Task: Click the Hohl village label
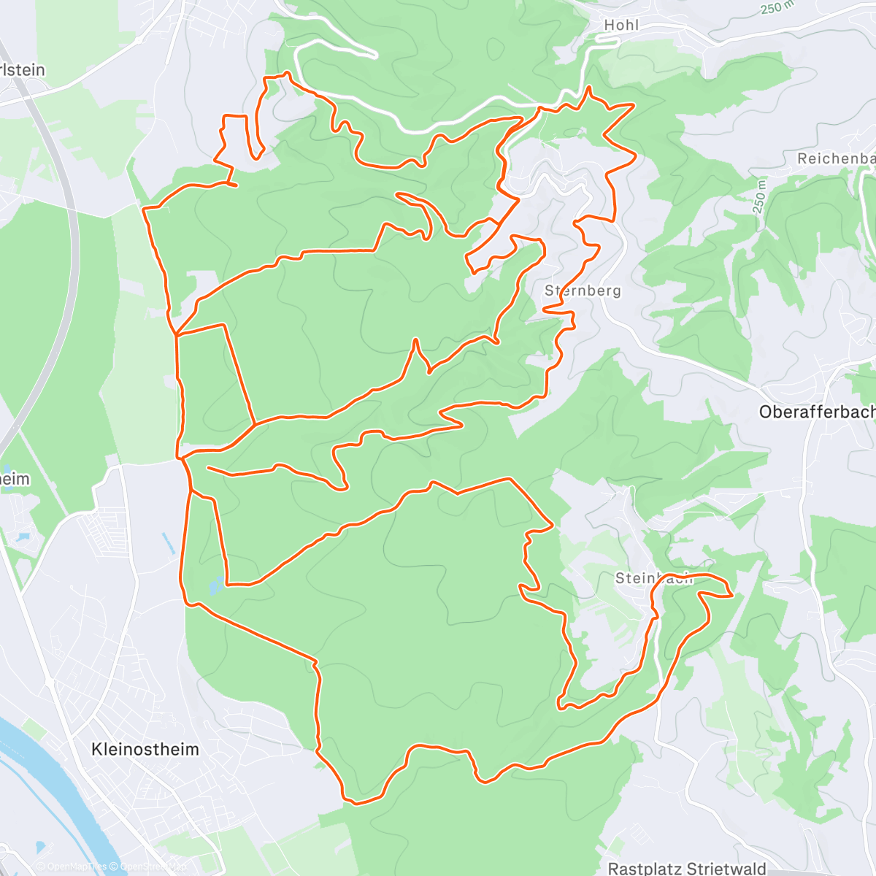tap(621, 25)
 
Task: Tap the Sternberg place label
tap(583, 291)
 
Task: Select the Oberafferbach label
tap(816, 412)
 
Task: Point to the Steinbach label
tap(653, 578)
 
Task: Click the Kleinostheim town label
tap(145, 749)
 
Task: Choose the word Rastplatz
tap(643, 868)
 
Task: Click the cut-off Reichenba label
tap(836, 158)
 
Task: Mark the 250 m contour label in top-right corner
tap(776, 7)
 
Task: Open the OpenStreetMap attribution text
tap(147, 867)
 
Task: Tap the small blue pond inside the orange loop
tap(216, 585)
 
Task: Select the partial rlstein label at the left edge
tap(23, 70)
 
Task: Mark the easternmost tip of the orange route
tap(731, 595)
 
